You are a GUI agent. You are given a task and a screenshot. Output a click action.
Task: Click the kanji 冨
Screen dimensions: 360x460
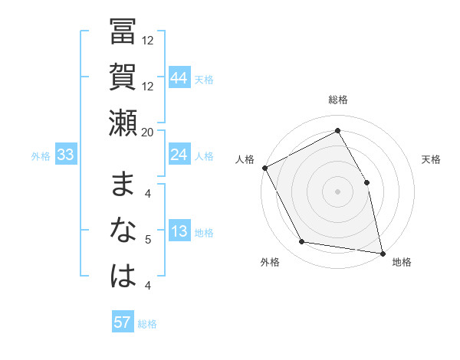(x=123, y=33)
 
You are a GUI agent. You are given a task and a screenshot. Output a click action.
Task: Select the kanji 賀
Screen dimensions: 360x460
(x=123, y=77)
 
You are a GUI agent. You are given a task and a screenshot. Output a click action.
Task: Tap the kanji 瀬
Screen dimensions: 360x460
(x=123, y=122)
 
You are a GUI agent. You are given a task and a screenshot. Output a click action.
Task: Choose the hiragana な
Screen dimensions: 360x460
(x=123, y=231)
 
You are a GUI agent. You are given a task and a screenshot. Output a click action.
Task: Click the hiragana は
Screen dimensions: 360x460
(x=123, y=275)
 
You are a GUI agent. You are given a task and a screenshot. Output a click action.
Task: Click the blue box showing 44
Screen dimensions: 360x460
(x=179, y=77)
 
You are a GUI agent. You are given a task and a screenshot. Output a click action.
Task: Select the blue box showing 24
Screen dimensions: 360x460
(x=179, y=155)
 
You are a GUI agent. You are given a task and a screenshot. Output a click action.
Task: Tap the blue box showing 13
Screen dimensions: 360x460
(x=179, y=231)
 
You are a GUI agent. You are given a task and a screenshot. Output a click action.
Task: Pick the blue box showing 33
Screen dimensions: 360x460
(x=66, y=155)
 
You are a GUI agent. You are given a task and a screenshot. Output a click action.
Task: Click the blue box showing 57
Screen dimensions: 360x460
(x=123, y=322)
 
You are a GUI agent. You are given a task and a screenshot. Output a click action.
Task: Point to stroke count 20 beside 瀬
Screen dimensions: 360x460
(x=149, y=131)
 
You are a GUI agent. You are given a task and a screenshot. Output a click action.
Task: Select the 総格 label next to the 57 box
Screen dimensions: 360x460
(x=147, y=324)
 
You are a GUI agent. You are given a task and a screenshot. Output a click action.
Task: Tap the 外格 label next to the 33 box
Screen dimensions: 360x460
(x=41, y=156)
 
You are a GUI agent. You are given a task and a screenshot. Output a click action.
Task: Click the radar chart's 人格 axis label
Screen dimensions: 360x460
(x=245, y=159)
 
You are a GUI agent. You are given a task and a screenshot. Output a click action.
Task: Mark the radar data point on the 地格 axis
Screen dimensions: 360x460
(x=383, y=252)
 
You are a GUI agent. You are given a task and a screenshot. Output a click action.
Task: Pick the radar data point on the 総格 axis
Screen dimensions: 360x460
(x=337, y=131)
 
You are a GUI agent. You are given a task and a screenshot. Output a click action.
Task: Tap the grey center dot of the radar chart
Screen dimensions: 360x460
(x=337, y=191)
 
